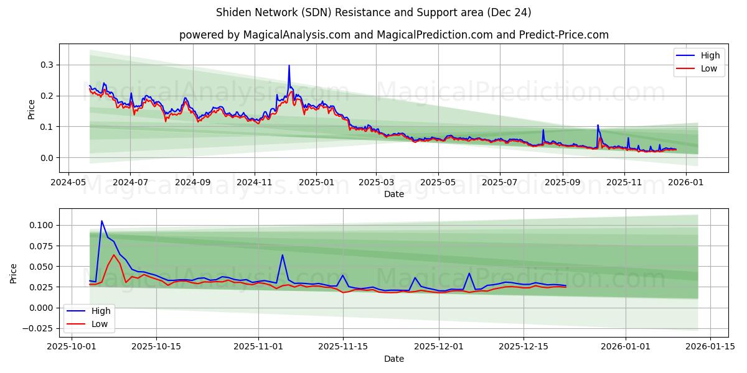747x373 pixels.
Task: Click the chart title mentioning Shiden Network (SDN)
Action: tap(374, 12)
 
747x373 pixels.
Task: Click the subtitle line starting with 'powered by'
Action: tap(393, 35)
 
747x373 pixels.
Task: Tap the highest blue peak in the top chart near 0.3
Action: tap(289, 65)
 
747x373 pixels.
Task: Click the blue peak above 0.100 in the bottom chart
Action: tap(101, 221)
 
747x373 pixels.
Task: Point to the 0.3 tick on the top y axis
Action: tap(46, 65)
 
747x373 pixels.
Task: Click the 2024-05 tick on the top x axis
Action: tap(68, 182)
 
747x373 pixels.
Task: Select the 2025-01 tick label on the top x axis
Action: tap(316, 182)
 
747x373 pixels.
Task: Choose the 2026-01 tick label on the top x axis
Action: tap(686, 182)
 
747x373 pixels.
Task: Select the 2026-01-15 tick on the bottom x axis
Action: tap(710, 347)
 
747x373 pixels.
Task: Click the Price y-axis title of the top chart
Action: tap(32, 109)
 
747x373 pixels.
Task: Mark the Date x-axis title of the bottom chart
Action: tap(393, 359)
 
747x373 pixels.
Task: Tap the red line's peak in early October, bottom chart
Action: tap(114, 255)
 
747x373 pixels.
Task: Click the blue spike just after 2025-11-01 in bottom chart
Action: tap(282, 255)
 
